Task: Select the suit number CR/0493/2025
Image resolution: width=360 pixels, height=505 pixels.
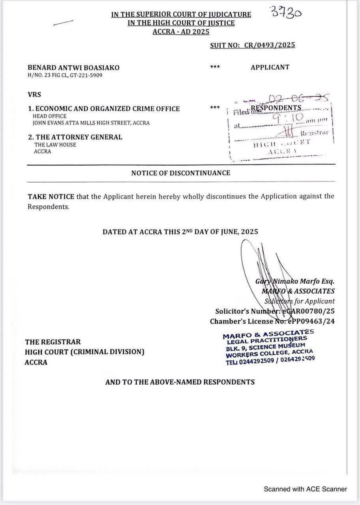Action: (270, 45)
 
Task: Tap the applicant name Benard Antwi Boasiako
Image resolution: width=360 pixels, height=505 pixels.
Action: (73, 67)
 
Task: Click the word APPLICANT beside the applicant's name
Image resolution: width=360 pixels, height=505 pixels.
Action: (270, 67)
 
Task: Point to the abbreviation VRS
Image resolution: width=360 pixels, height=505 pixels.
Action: (34, 95)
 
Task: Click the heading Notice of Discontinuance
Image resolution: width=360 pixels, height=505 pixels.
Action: (181, 173)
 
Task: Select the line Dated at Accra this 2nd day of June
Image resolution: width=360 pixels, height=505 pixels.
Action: (180, 232)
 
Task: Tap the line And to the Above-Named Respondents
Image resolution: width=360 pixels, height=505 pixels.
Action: (180, 382)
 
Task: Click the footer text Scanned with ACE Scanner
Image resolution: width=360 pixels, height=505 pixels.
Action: (306, 489)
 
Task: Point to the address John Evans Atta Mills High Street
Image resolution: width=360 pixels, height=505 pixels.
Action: (91, 123)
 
